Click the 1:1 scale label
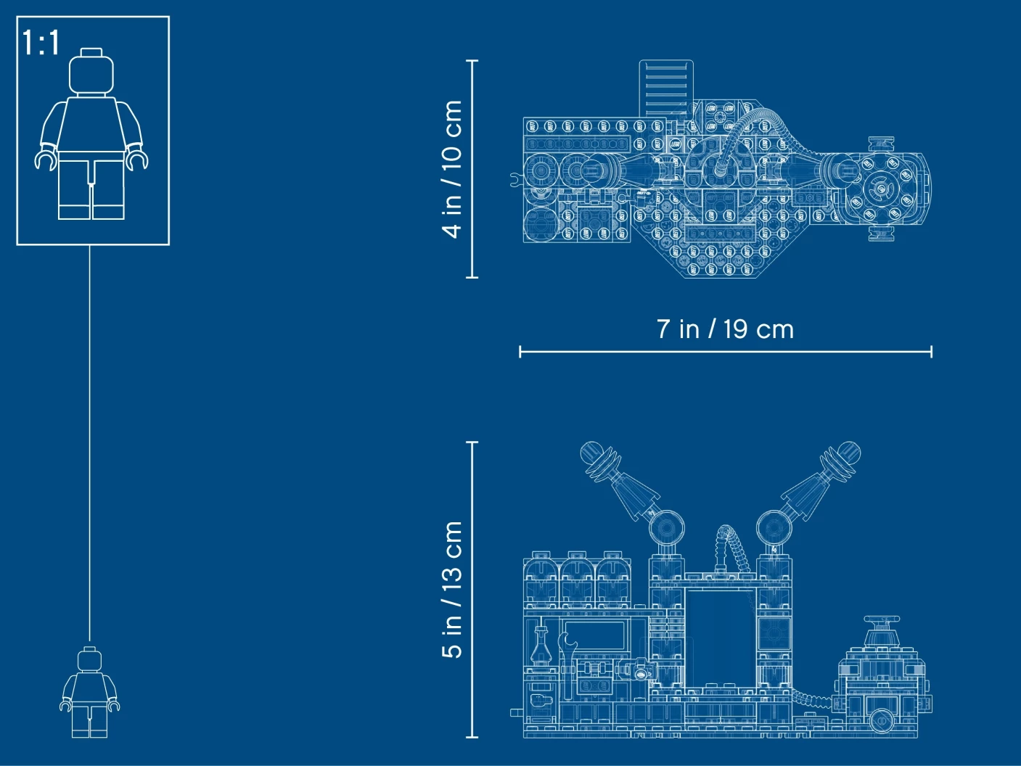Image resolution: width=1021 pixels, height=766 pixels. click(41, 43)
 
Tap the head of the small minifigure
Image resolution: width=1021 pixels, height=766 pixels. click(89, 659)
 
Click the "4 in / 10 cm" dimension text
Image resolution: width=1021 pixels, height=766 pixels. click(451, 169)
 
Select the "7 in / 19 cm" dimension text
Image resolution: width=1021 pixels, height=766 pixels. click(725, 329)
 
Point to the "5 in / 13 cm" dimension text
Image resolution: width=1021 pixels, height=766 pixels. click(451, 590)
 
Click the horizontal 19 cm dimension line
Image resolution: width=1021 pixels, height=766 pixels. click(726, 352)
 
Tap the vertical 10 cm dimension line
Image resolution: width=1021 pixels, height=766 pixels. click(472, 169)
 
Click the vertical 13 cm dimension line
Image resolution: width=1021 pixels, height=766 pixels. click(472, 590)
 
